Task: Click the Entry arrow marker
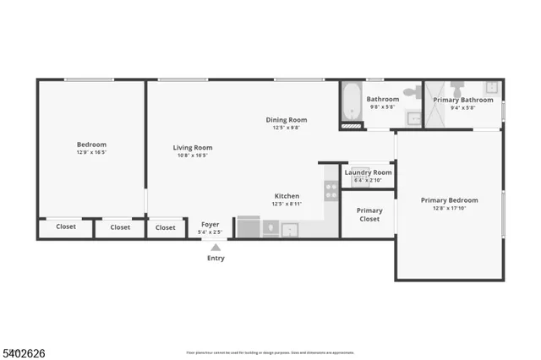coord(216,248)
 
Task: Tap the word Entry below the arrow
coord(216,259)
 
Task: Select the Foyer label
coord(210,225)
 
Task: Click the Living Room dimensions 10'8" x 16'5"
coord(192,155)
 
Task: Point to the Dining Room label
coord(286,121)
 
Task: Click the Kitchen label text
coord(287,196)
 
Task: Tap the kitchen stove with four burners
coord(331,191)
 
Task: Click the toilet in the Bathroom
coord(411,91)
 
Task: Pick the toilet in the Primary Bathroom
coord(457,88)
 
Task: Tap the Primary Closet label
coord(369,215)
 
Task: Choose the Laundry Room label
coord(368,172)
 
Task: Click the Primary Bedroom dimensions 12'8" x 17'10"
coord(450,208)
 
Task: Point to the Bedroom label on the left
coord(91,145)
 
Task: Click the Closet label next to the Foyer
coord(166,227)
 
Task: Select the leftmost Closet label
coord(66,227)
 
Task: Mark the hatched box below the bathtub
coord(350,127)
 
